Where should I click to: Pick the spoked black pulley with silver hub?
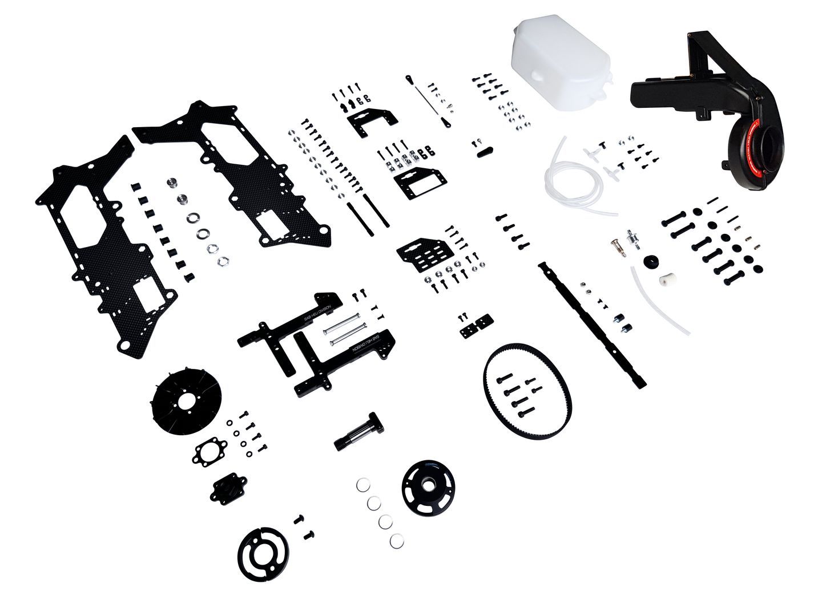[428, 485]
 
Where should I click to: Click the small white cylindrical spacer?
[663, 280]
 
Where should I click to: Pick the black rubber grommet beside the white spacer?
[649, 261]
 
